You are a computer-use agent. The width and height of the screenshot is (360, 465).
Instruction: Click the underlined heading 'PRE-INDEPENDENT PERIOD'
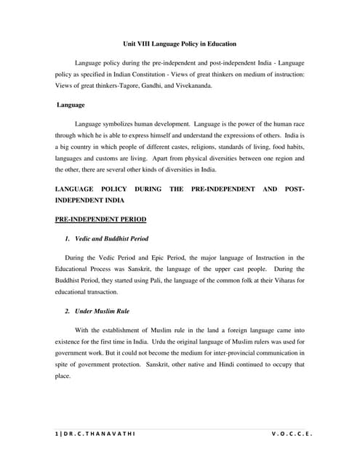[100, 219]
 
